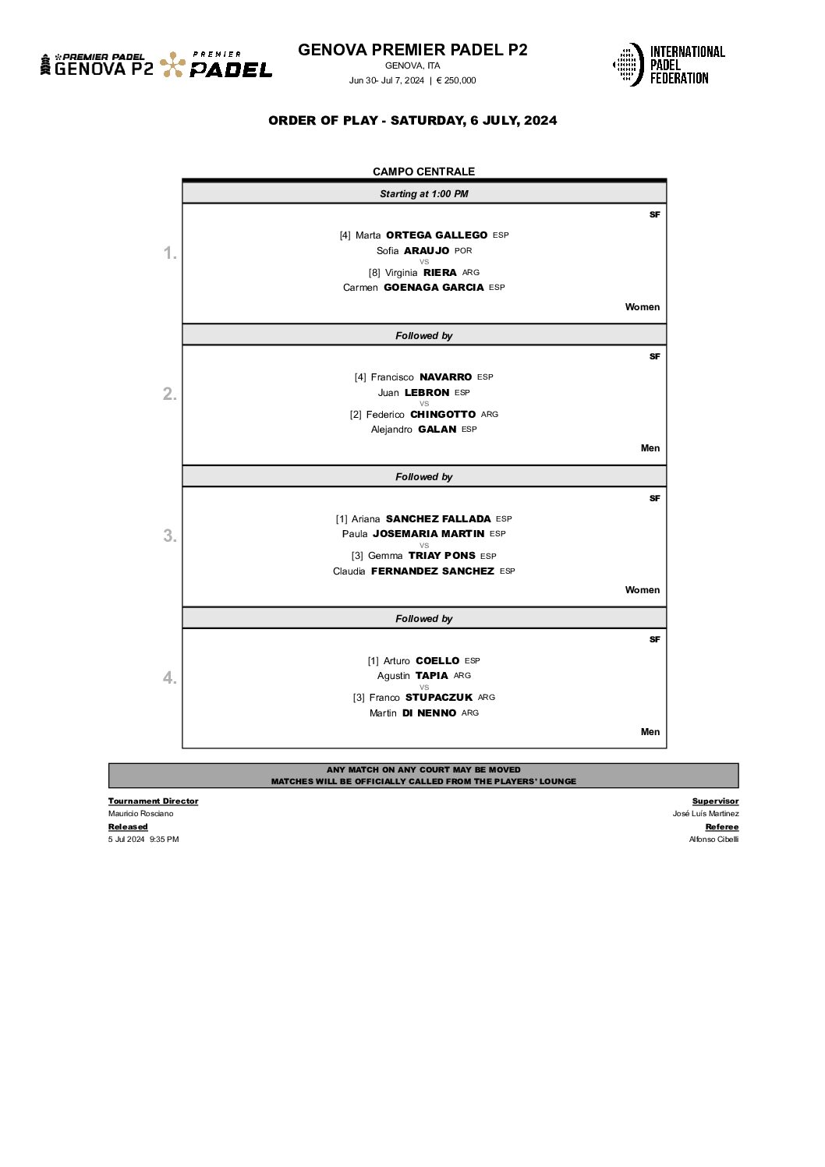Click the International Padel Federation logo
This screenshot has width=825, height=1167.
click(668, 65)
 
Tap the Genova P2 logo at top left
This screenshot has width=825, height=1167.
click(97, 65)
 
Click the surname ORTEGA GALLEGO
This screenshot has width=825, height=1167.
click(436, 235)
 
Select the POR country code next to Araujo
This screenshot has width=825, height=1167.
click(463, 251)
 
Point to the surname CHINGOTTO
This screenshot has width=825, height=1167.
click(442, 415)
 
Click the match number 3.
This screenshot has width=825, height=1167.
click(169, 536)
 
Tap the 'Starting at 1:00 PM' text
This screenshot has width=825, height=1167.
click(423, 194)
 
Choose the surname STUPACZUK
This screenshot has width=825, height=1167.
click(438, 698)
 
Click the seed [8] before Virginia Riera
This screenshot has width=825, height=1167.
click(374, 273)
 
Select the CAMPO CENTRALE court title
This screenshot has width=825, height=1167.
click(423, 172)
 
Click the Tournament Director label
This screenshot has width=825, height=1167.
click(153, 801)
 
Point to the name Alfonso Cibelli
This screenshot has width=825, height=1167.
click(713, 840)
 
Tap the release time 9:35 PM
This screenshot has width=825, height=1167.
click(164, 840)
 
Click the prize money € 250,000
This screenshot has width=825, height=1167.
click(456, 80)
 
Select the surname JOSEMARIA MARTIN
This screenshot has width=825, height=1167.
click(428, 534)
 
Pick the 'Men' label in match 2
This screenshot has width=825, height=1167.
click(650, 448)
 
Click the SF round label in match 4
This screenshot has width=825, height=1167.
click(654, 640)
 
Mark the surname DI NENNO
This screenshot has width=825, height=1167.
click(429, 713)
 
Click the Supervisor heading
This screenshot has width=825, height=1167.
click(715, 801)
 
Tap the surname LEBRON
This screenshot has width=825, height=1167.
click(427, 393)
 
